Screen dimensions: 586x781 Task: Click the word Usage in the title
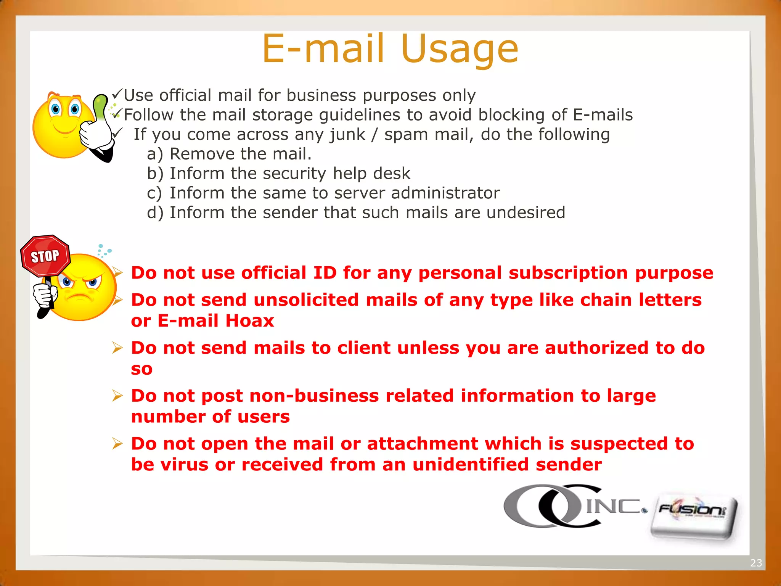(460, 50)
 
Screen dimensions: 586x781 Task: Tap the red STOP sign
(45, 256)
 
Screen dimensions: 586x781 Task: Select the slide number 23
(756, 563)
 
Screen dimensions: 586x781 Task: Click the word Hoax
(249, 321)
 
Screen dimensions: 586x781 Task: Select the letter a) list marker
(155, 154)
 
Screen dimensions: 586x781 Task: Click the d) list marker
(155, 213)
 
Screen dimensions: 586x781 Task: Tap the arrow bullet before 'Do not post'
(117, 396)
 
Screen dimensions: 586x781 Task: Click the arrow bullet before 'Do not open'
(117, 444)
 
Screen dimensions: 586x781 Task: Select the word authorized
(596, 348)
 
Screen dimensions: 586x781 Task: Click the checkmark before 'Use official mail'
(117, 93)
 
